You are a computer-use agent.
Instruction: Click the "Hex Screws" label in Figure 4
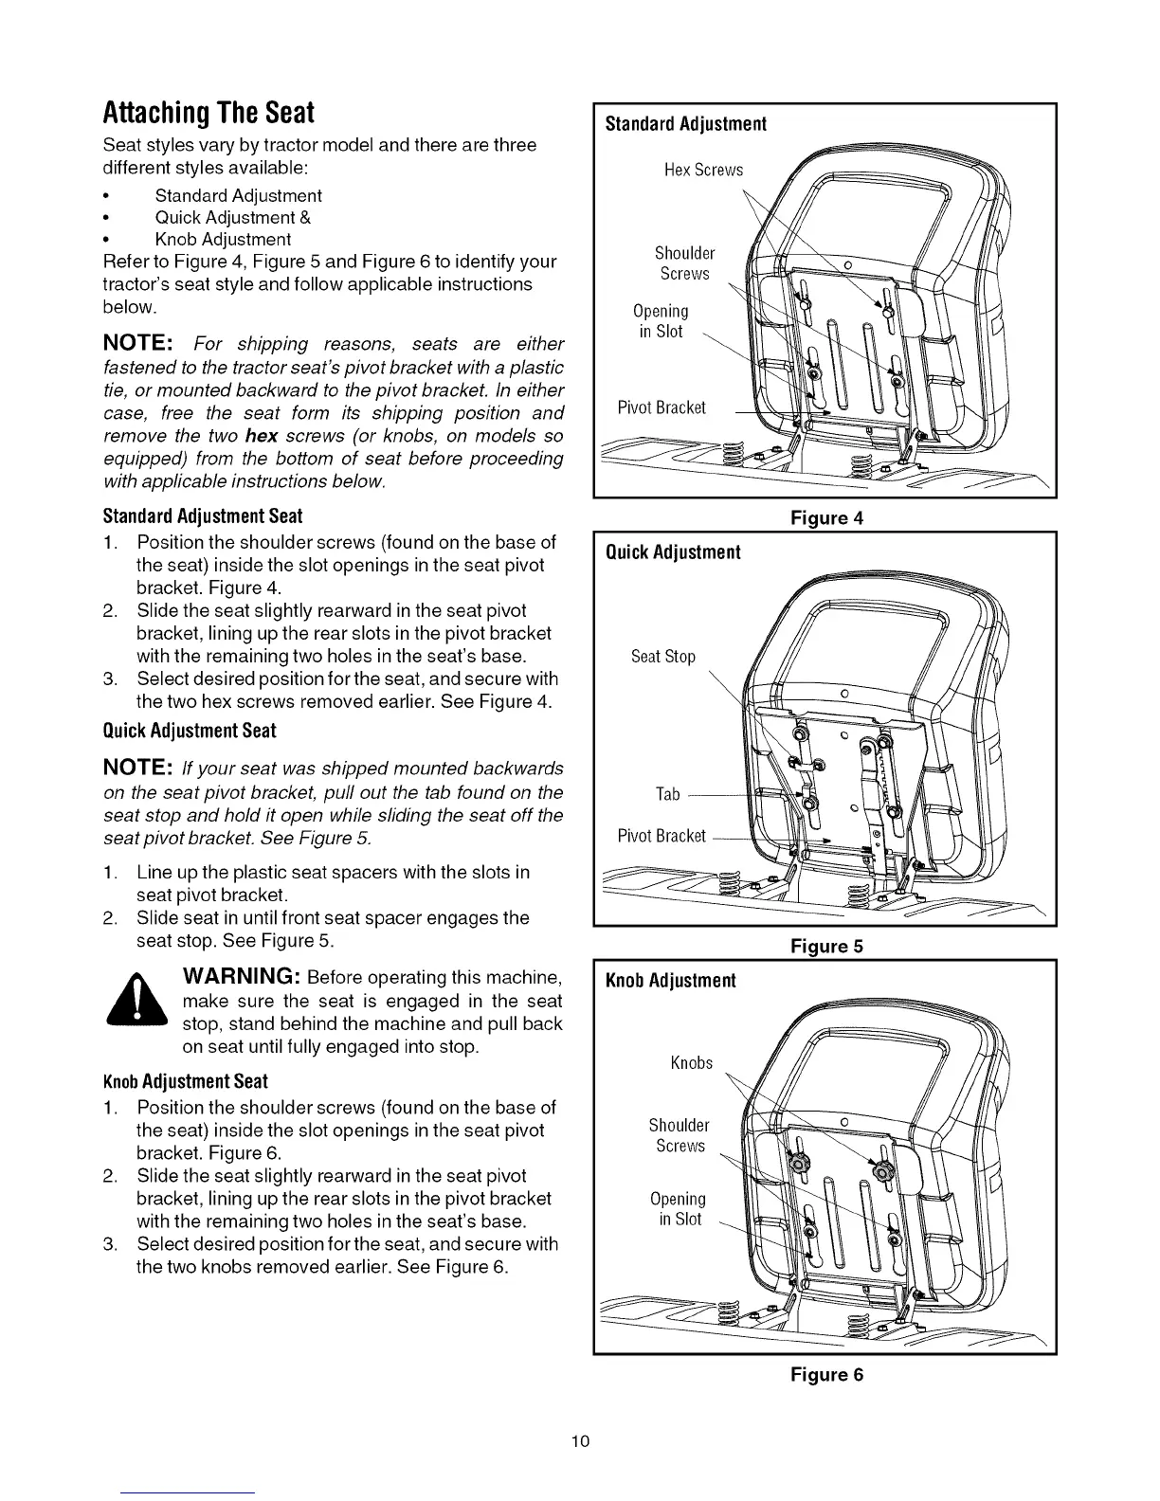pos(703,171)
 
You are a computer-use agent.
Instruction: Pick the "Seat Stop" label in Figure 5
pos(663,657)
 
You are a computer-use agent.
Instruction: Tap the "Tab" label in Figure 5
pos(668,794)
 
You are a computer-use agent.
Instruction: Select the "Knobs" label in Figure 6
pos(691,1062)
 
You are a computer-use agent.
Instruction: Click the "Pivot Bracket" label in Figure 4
pos(662,407)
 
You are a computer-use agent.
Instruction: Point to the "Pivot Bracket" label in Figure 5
pos(662,836)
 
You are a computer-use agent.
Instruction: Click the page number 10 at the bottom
pos(580,1441)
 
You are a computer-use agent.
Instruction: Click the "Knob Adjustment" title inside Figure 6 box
pos(671,980)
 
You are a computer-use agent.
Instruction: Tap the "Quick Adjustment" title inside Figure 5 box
pos(673,552)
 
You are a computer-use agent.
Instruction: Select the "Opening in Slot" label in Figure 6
pos(678,1209)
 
